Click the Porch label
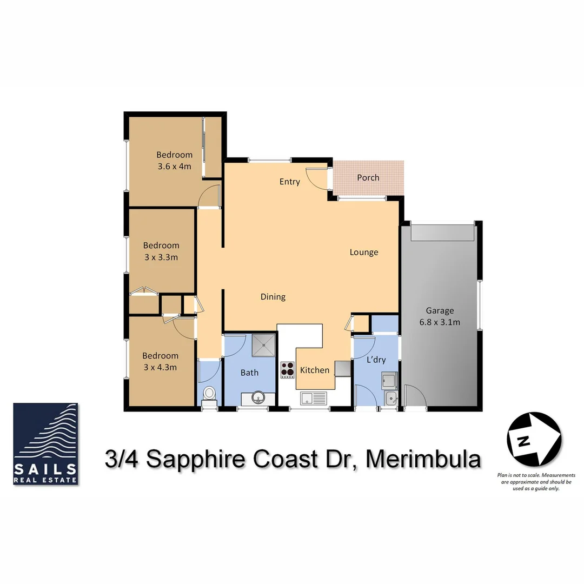coord(368,177)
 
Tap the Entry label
coord(289,182)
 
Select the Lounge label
coord(363,252)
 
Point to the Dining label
coord(273,296)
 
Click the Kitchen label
coord(314,370)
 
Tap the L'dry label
coord(376,360)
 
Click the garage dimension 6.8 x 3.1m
coord(439,322)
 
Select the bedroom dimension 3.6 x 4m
coord(174,166)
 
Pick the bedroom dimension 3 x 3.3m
coord(161,257)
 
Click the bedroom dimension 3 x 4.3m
coord(160,367)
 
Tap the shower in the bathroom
coord(263,346)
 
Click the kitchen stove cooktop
coord(287,370)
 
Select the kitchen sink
coord(314,399)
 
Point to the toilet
coord(209,394)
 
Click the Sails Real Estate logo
coord(46,443)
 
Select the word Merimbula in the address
coord(423,460)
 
